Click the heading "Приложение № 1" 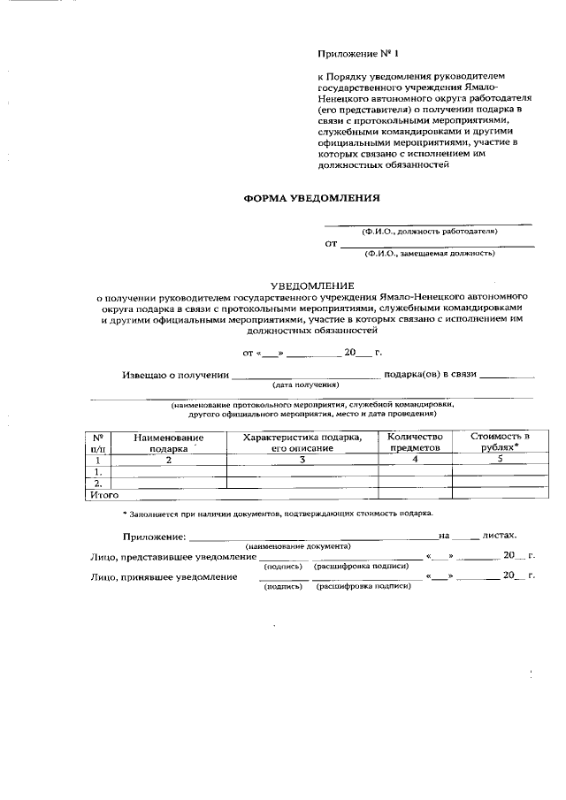(x=357, y=54)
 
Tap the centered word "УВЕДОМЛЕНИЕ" (x=311, y=286)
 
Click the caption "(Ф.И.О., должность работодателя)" (x=435, y=231)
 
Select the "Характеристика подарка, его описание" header (x=302, y=443)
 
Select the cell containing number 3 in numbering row (x=302, y=460)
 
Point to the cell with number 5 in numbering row (x=500, y=460)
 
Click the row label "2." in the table (x=98, y=484)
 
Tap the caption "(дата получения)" (x=305, y=385)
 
